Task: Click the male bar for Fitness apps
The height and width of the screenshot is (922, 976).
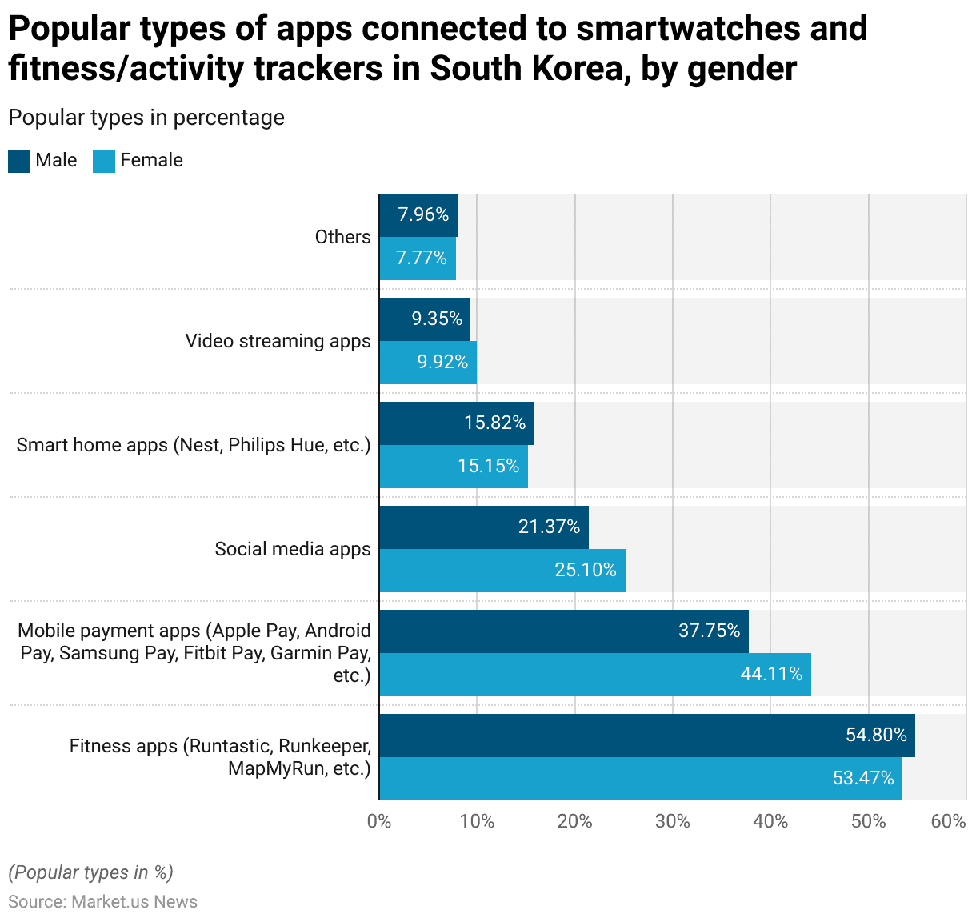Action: pyautogui.click(x=646, y=736)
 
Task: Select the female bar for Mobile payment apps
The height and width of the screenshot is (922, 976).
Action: pyautogui.click(x=594, y=675)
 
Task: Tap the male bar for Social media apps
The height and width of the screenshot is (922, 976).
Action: pyautogui.click(x=483, y=527)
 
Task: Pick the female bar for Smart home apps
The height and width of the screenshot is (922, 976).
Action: pyautogui.click(x=453, y=467)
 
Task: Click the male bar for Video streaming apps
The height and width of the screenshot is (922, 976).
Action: pyautogui.click(x=424, y=319)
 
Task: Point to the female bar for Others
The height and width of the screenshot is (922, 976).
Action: pyautogui.click(x=417, y=259)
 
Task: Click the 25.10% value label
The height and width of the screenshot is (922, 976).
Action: pyautogui.click(x=586, y=570)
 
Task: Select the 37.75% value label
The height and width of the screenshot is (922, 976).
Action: pyautogui.click(x=710, y=631)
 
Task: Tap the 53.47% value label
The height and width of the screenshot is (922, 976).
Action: pyautogui.click(x=863, y=778)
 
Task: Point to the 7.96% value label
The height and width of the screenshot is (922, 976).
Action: pyautogui.click(x=423, y=214)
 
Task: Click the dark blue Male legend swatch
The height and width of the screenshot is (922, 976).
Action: pyautogui.click(x=19, y=161)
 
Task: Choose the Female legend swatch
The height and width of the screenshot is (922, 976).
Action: pyautogui.click(x=104, y=161)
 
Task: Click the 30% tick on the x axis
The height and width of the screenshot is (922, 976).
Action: pyautogui.click(x=672, y=821)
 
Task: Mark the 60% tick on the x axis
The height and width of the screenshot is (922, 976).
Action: pyautogui.click(x=949, y=821)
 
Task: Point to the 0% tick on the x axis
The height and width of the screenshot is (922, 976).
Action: pyautogui.click(x=379, y=821)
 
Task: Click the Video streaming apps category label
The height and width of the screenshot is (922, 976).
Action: pyautogui.click(x=278, y=341)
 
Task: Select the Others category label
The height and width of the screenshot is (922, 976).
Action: pyautogui.click(x=342, y=237)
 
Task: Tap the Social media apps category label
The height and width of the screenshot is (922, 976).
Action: pyautogui.click(x=293, y=549)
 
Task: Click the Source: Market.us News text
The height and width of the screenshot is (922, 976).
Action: pyautogui.click(x=102, y=902)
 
